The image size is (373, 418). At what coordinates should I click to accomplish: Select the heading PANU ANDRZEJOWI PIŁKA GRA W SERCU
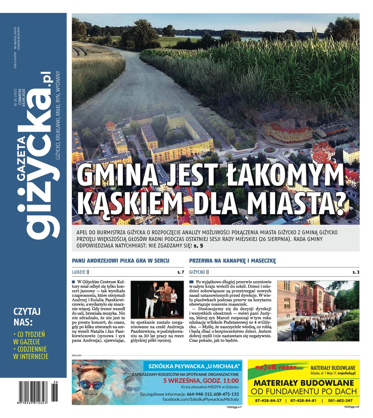click(x=121, y=261)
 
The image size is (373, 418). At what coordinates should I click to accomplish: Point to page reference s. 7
click(x=180, y=272)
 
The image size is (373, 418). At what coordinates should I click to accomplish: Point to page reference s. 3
click(x=356, y=272)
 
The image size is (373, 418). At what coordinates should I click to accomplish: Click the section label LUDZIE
click(x=78, y=272)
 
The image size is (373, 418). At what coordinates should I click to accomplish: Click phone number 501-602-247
click(x=340, y=401)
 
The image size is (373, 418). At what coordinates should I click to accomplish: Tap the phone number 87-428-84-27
click(x=268, y=401)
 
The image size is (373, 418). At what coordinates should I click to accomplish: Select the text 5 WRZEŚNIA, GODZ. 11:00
click(x=201, y=380)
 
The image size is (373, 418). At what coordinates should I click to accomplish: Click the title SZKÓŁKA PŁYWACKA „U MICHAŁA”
click(x=195, y=366)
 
